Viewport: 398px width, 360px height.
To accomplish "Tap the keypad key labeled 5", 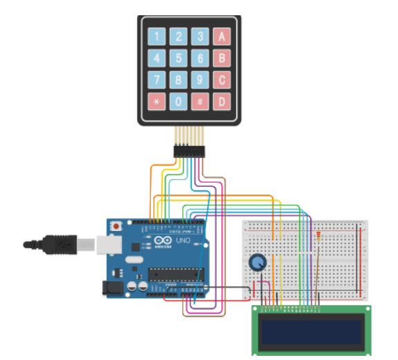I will tap(179, 58).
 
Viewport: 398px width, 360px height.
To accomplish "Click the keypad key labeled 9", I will tap(201, 80).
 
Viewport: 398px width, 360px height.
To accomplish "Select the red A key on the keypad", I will tap(221, 37).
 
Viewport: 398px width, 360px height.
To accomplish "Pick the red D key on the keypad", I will tap(221, 101).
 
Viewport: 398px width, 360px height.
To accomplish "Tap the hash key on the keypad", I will tap(201, 101).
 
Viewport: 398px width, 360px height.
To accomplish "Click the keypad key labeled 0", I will tap(179, 101).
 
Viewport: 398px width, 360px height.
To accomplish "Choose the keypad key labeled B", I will tap(221, 58).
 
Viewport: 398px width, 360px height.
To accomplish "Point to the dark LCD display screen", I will tap(310, 330).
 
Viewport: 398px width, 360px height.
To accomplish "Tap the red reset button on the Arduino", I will tap(116, 226).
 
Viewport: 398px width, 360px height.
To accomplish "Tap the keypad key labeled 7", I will tap(158, 80).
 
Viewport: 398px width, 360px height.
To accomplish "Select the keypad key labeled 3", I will tap(201, 37).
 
